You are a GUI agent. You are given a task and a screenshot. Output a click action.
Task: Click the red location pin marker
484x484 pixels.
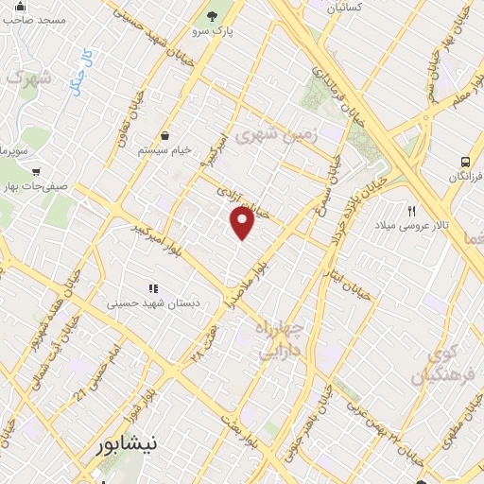tap(243, 223)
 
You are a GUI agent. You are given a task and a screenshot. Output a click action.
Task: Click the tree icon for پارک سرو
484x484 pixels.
tap(213, 16)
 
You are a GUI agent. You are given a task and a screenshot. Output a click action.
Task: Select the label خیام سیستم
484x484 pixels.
tap(165, 149)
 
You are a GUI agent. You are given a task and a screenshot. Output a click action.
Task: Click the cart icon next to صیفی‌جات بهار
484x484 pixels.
tap(35, 172)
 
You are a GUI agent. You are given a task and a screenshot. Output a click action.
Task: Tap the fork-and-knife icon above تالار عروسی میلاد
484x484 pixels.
tap(411, 211)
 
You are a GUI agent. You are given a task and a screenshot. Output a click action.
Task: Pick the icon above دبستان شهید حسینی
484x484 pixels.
tap(152, 288)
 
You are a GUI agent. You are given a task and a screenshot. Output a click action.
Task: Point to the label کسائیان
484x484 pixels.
tap(345, 8)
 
